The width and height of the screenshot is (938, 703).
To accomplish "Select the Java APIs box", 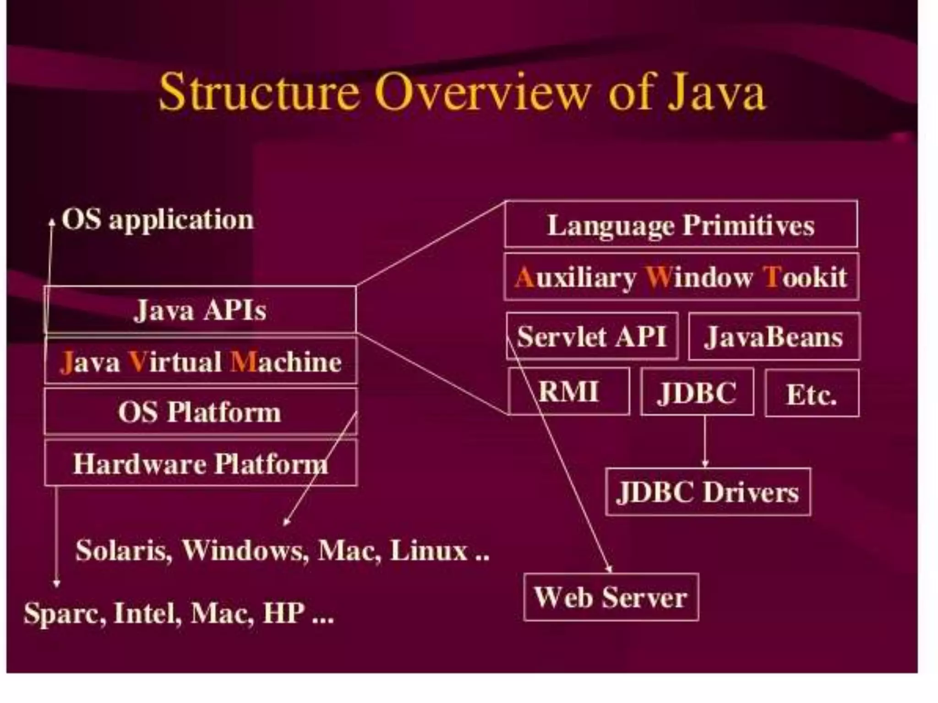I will [x=200, y=310].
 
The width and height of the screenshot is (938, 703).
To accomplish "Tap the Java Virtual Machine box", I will [x=200, y=362].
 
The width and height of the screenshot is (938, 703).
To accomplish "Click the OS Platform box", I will [x=200, y=412].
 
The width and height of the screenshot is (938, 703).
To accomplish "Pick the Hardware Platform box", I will [x=200, y=464].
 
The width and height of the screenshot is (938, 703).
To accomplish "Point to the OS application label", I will [x=158, y=220].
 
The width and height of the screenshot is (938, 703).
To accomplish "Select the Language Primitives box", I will [x=681, y=225].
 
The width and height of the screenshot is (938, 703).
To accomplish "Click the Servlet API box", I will [x=591, y=337].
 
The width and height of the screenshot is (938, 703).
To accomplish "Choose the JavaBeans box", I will [x=774, y=337].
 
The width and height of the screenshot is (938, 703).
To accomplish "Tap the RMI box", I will [x=568, y=392].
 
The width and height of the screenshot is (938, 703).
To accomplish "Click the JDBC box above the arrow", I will [x=697, y=393].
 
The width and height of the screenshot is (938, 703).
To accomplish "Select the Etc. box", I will [x=812, y=394].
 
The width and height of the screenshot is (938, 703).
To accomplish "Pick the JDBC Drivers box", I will [x=708, y=492].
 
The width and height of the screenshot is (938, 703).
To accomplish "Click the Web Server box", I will [x=611, y=597].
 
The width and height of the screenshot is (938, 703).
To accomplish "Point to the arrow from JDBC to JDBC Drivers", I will [x=705, y=442].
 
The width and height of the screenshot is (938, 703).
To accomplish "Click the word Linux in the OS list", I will [x=428, y=551].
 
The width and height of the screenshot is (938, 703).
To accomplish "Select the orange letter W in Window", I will [x=658, y=277].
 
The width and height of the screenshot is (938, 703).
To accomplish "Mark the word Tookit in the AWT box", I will [x=805, y=277].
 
